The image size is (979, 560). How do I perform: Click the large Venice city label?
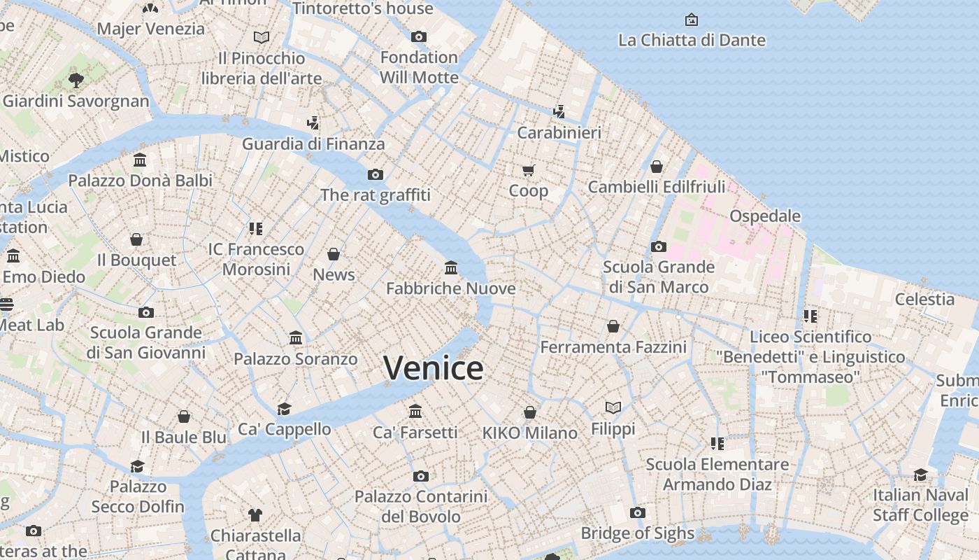pos(434,368)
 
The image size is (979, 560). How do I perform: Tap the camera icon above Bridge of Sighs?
pos(637,513)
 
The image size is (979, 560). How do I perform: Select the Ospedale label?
pos(765,216)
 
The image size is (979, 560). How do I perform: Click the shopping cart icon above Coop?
pos(529,170)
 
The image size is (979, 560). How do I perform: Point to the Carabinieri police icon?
pos(559,111)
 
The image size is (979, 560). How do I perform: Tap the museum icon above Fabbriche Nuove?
pos(451,268)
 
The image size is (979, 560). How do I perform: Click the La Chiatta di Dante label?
pos(692,41)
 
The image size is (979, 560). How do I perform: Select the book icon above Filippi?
pos(613,407)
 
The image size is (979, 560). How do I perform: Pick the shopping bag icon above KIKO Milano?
pos(530,412)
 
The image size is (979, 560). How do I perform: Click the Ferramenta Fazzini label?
pos(613,347)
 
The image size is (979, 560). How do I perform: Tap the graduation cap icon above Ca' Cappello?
pos(284,409)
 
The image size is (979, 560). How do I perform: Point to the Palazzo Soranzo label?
pos(295,359)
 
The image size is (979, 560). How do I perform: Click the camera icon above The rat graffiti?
pos(376,174)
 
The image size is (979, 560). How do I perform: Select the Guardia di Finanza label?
pos(313,144)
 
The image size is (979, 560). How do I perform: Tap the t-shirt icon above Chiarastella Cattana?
pos(255,515)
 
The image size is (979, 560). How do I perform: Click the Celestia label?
pos(924,300)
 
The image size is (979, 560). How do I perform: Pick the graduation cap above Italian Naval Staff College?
pos(920,475)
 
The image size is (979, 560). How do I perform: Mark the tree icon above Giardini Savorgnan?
pos(76,80)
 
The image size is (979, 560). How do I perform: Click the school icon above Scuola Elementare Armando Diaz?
pos(717,443)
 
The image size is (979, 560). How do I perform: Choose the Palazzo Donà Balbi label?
pos(140,181)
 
